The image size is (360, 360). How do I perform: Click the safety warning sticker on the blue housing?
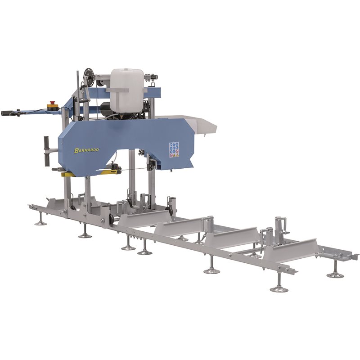pyautogui.click(x=174, y=149)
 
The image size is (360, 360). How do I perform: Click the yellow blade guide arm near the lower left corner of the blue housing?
pyautogui.click(x=70, y=174)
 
